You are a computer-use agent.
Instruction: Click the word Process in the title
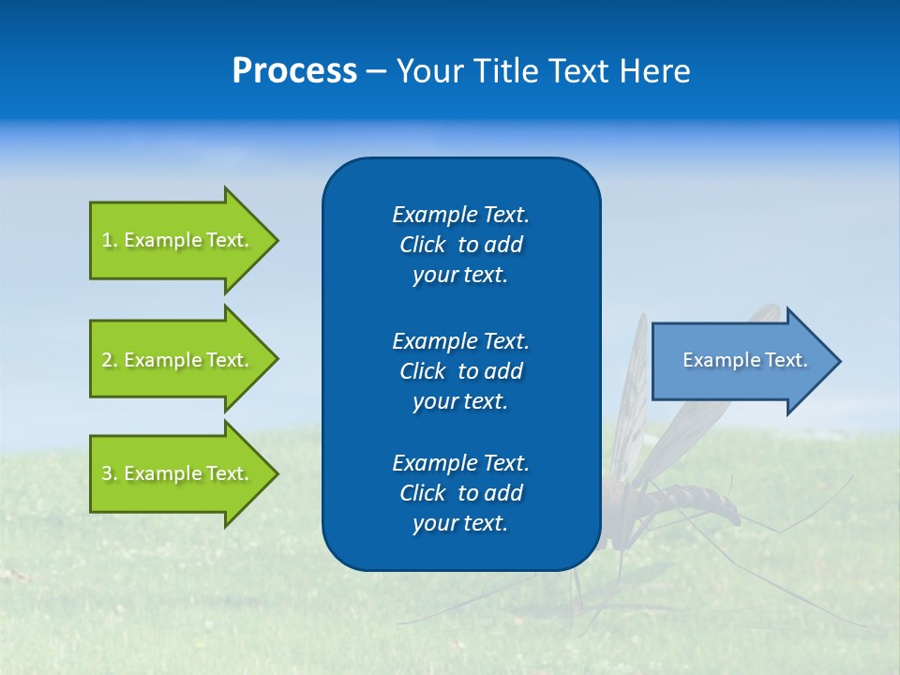294,71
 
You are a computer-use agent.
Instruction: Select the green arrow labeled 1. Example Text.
178,240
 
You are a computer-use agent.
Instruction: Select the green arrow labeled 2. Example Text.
178,360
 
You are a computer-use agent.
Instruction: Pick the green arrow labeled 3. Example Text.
178,473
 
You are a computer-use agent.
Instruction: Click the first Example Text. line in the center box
460,215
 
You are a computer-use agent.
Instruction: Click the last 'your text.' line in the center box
460,523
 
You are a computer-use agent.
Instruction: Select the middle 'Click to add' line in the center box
460,371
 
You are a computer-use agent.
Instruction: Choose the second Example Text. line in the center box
460,340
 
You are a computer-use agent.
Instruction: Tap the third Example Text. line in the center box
460,463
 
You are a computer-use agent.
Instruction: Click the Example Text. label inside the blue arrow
744,360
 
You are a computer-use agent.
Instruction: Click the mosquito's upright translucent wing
630,394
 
